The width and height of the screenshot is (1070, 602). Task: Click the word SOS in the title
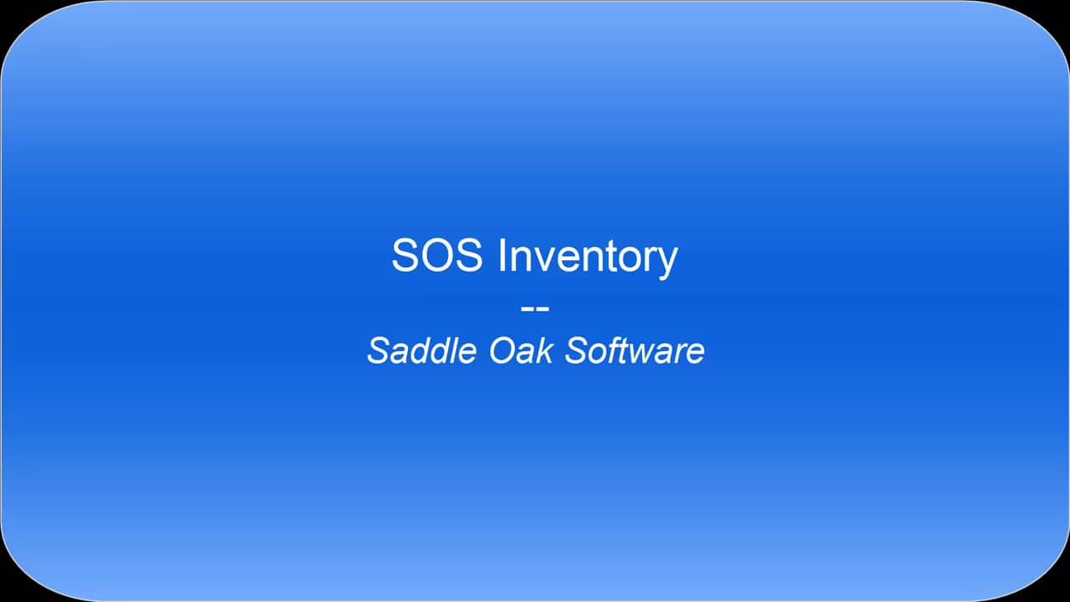coord(436,255)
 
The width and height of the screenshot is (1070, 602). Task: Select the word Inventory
coord(588,257)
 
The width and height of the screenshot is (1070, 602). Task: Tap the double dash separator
coord(535,308)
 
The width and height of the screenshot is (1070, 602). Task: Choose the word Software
coord(634,350)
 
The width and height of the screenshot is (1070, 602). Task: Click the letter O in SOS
coord(437,255)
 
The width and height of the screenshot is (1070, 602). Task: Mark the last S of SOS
coord(468,255)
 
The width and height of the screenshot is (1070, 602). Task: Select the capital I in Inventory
coord(503,255)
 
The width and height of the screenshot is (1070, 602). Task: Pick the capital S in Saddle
coord(379,350)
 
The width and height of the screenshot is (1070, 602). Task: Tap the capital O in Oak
coord(502,350)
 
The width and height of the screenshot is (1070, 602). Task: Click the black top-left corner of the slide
coord(8,8)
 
